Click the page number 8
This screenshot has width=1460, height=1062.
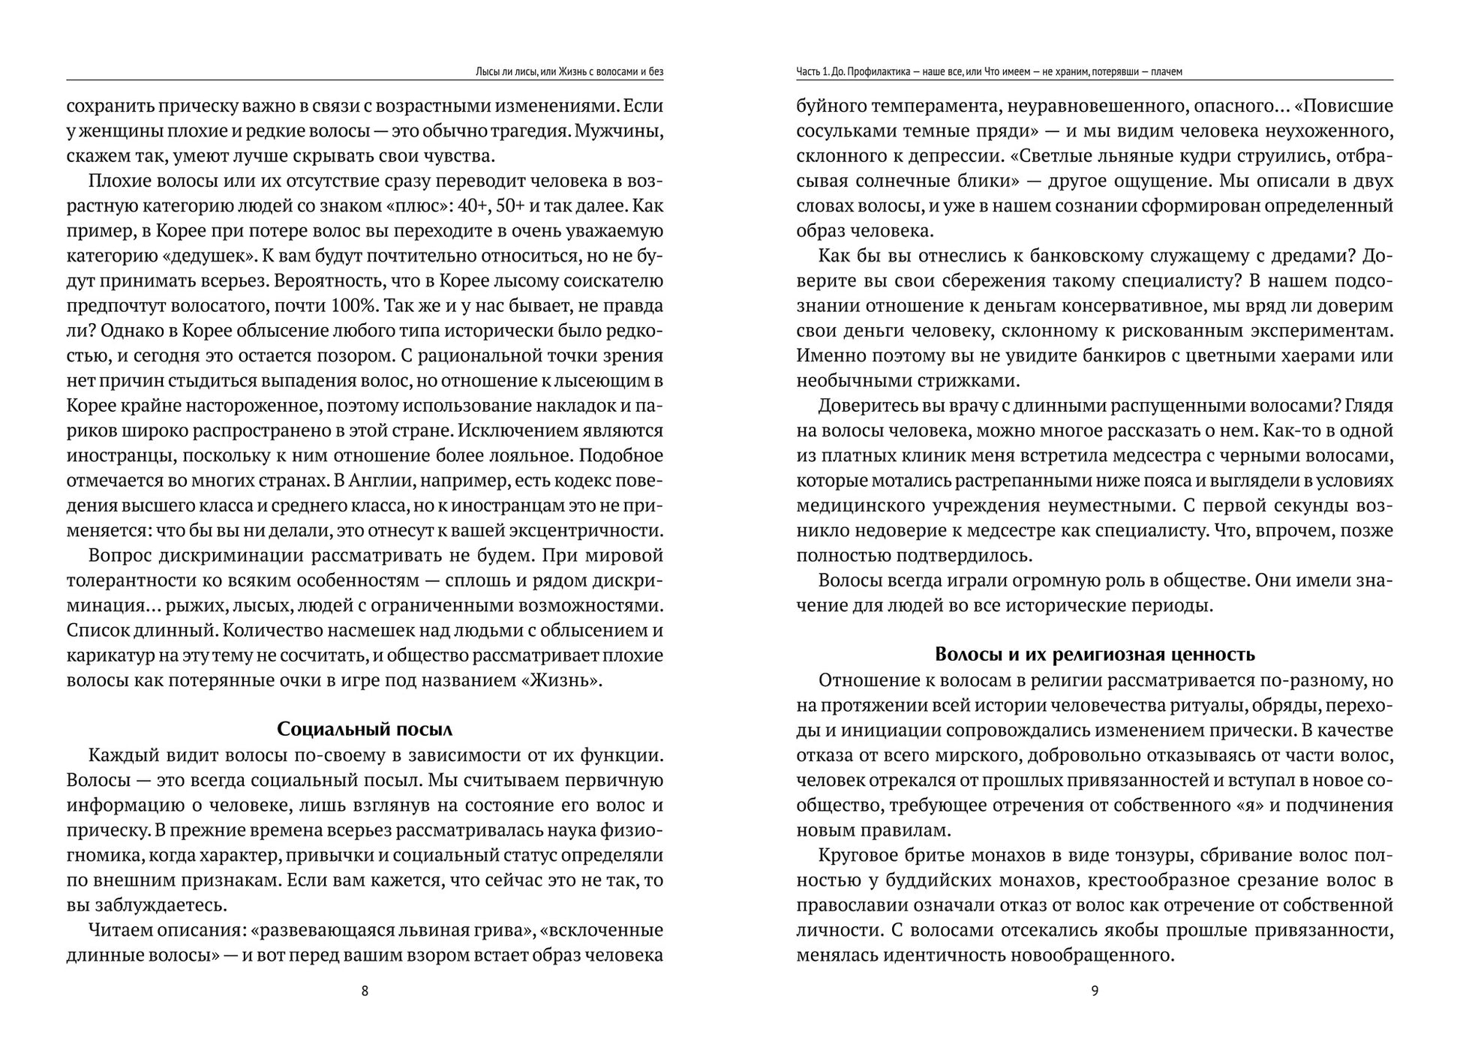pos(365,991)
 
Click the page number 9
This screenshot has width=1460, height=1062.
pos(1095,991)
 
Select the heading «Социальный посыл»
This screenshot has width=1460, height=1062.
pos(365,729)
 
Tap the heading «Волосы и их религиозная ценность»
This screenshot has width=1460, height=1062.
pos(1095,654)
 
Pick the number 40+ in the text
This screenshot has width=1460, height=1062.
pos(479,205)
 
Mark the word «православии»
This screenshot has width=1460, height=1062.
pos(852,905)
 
